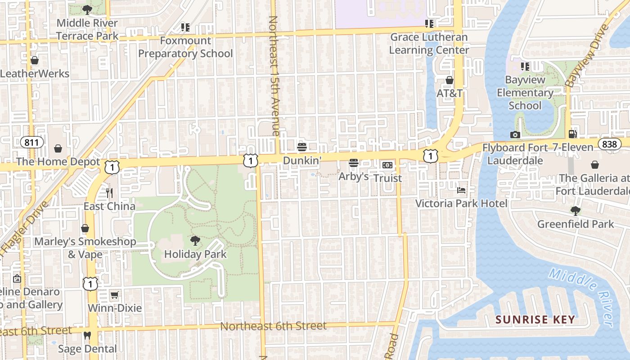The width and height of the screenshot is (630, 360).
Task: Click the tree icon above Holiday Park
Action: click(195, 241)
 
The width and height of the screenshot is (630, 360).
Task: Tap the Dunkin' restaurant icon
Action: click(302, 147)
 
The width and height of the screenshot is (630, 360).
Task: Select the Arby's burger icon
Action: click(354, 163)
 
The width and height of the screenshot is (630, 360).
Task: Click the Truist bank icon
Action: click(387, 165)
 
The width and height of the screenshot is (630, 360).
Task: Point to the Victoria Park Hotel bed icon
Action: click(461, 190)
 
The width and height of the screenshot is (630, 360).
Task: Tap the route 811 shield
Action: click(32, 143)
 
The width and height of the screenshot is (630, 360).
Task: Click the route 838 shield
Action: click(609, 144)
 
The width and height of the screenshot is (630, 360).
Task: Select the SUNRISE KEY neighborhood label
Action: click(535, 320)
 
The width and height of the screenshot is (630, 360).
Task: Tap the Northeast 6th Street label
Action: click(273, 326)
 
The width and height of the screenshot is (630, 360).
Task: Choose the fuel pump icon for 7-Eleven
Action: click(572, 134)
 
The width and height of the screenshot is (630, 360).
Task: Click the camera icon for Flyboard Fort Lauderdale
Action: click(515, 135)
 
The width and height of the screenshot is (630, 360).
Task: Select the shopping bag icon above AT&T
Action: click(449, 80)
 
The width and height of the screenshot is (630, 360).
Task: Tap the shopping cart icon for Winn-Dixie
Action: click(114, 295)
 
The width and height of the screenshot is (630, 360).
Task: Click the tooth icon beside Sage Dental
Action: click(88, 335)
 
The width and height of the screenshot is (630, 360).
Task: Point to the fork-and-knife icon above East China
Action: click(109, 193)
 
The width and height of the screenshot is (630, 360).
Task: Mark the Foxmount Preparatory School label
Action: click(185, 47)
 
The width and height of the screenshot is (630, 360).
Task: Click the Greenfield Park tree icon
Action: click(575, 211)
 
